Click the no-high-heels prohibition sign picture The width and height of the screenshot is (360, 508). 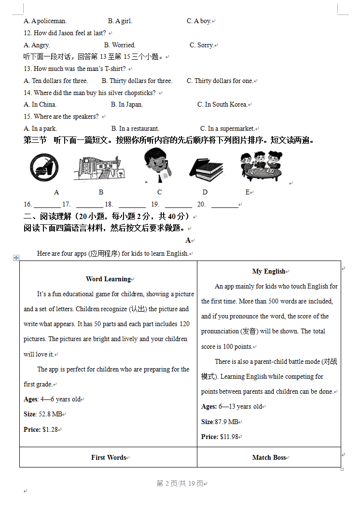pyautogui.click(x=43, y=168)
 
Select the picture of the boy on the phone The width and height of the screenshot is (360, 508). pyautogui.click(x=159, y=166)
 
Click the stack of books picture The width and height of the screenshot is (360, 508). pyautogui.click(x=206, y=169)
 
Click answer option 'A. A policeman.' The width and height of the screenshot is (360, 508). pyautogui.click(x=45, y=21)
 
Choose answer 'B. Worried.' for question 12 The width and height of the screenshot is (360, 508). pyautogui.click(x=120, y=45)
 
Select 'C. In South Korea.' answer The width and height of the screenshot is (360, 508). pyautogui.click(x=222, y=104)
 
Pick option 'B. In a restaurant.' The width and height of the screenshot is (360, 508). pyautogui.click(x=135, y=128)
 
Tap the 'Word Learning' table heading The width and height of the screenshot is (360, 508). pyautogui.click(x=108, y=279)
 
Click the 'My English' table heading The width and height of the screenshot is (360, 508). pyautogui.click(x=269, y=271)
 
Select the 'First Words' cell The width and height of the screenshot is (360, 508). pyautogui.click(x=108, y=457)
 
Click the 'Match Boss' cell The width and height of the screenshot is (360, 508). pyautogui.click(x=269, y=457)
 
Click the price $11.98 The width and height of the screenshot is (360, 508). pyautogui.click(x=229, y=437)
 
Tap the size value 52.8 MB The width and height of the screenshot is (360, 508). pyautogui.click(x=50, y=414)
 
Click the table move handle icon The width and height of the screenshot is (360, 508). pyautogui.click(x=16, y=258)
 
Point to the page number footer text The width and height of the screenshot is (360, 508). pyautogui.click(x=180, y=484)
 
